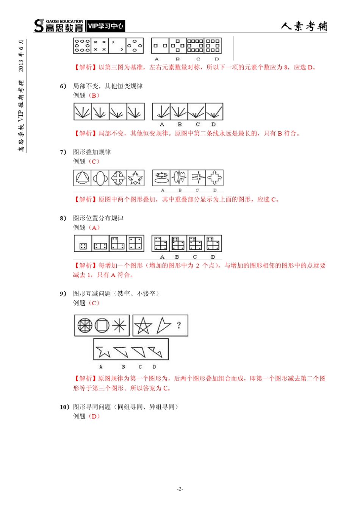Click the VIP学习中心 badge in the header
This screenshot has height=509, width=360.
[x=105, y=26]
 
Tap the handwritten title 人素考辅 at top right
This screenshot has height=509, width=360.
[x=304, y=26]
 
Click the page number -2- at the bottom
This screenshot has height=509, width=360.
[x=180, y=489]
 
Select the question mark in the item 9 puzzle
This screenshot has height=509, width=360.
[x=179, y=325]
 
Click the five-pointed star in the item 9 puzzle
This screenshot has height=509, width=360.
[x=143, y=326]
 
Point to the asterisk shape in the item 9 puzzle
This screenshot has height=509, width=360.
[x=119, y=325]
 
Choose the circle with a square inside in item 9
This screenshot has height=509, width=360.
[x=102, y=325]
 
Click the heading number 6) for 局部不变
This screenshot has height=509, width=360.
[x=63, y=86]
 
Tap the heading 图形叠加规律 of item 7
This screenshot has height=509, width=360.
[x=92, y=152]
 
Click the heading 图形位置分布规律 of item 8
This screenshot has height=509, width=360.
[x=98, y=218]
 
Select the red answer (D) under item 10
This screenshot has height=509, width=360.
[x=94, y=416]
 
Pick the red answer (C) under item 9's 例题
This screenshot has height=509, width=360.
[x=94, y=303]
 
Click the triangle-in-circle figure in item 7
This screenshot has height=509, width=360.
[x=82, y=178]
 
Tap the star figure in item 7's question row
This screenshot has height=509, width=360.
[x=136, y=178]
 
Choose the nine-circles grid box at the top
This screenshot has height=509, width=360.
[x=82, y=45]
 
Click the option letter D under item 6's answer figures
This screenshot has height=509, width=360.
[x=213, y=124]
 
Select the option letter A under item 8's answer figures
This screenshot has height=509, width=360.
[x=162, y=257]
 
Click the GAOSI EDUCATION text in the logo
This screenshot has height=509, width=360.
[x=64, y=22]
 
